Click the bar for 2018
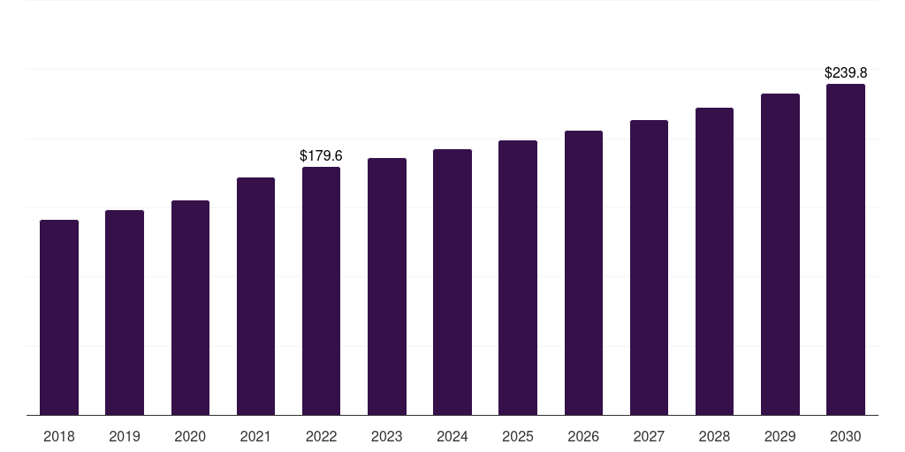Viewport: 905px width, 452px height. [59, 318]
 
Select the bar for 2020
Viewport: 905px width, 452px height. [190, 308]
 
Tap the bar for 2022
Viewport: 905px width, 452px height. [321, 291]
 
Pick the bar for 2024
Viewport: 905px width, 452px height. [452, 282]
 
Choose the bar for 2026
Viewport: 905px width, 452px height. [583, 273]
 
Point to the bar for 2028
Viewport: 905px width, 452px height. [714, 261]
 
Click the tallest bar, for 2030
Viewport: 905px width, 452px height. [846, 250]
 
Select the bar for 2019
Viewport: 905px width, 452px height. [125, 313]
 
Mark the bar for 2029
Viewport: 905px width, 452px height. [780, 254]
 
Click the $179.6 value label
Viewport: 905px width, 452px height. [321, 156]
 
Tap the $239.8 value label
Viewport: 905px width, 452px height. [846, 73]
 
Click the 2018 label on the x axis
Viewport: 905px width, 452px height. [59, 437]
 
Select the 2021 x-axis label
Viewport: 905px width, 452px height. [255, 437]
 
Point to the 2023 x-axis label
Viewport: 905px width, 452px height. [387, 437]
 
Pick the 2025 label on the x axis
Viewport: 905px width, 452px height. [518, 437]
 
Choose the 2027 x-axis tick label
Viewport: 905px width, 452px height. [649, 437]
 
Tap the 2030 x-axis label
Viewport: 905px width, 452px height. [846, 437]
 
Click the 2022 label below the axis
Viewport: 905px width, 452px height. [321, 437]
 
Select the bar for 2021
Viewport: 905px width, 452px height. [255, 297]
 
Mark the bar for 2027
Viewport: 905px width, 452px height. [649, 267]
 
